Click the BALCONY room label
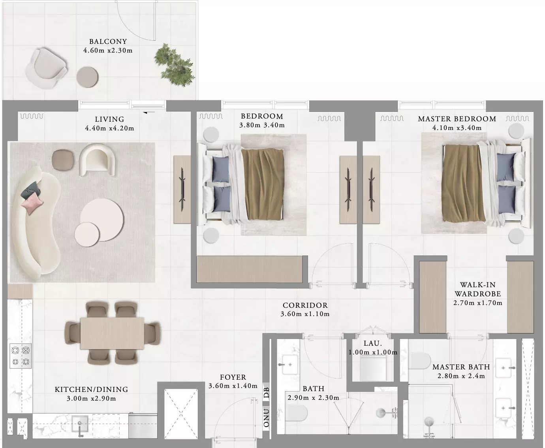(x=108, y=41)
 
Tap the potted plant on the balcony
(x=174, y=65)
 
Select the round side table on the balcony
(x=87, y=77)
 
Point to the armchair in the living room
(x=97, y=160)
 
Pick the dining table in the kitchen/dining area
(x=112, y=333)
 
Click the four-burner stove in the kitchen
(x=21, y=356)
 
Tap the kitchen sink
(x=80, y=424)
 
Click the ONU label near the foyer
(x=266, y=418)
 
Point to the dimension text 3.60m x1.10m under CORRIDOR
(x=305, y=314)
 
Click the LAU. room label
(x=373, y=343)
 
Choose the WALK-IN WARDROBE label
(x=478, y=289)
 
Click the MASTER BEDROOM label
(x=457, y=119)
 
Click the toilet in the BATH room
(x=297, y=413)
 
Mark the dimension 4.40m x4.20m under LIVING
(x=109, y=128)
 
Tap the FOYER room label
(x=233, y=377)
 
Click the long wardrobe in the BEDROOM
(x=249, y=269)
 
